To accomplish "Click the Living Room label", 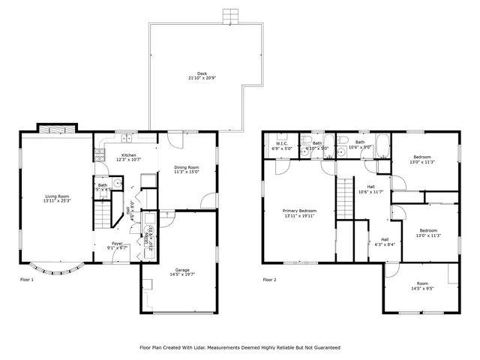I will (57, 196).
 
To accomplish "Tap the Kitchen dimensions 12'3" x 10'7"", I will (128, 160).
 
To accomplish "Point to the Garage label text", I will (182, 270).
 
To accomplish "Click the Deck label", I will (202, 73).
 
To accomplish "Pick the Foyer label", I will (118, 243).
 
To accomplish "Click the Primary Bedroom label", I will (299, 211).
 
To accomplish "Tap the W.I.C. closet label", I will (282, 142).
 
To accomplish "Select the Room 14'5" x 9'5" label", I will (423, 283).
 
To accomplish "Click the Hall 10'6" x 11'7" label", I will (370, 187).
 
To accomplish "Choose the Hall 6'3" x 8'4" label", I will (385, 240).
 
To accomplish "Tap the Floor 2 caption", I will (269, 280).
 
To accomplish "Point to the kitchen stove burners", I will (99, 154).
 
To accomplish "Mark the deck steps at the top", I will (231, 16).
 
